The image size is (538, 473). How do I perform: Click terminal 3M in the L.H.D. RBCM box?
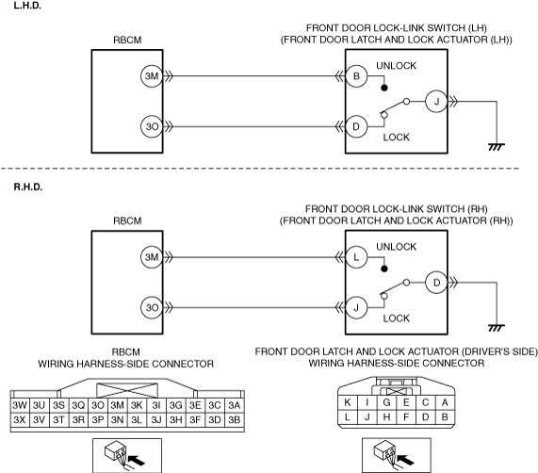[x=152, y=75]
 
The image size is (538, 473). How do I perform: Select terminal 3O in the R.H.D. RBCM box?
[x=152, y=307]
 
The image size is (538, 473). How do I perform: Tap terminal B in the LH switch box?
[x=356, y=75]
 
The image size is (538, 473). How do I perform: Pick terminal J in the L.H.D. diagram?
[x=436, y=102]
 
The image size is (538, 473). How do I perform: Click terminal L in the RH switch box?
[x=356, y=257]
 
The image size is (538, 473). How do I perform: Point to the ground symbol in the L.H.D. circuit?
[x=497, y=147]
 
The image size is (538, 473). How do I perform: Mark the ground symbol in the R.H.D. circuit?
[x=497, y=328]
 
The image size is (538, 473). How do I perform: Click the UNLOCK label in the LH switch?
[x=396, y=66]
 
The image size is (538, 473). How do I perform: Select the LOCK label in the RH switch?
[x=396, y=318]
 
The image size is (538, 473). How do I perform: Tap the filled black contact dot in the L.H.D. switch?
[x=384, y=88]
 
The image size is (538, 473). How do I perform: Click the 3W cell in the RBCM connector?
[x=20, y=405]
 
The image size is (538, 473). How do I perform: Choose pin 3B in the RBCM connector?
[x=234, y=420]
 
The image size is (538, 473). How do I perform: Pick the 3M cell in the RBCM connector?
[x=117, y=405]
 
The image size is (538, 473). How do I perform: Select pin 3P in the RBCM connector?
[x=98, y=420]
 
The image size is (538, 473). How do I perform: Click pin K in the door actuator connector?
[x=348, y=402]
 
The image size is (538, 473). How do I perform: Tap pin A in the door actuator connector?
[x=445, y=402]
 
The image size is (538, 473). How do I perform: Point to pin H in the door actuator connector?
[x=386, y=417]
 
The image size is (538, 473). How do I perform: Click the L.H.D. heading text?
[x=27, y=6]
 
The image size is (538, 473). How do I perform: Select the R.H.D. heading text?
[x=28, y=187]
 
